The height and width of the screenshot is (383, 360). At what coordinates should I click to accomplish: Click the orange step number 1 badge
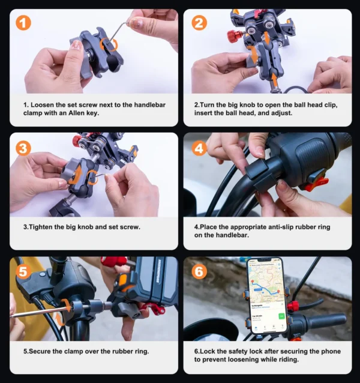pos(23,23)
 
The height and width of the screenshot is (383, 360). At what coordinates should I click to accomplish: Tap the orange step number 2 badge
pos(199,23)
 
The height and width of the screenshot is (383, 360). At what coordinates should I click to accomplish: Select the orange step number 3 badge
pos(23,147)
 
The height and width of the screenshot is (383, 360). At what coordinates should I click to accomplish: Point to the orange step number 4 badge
pos(199,147)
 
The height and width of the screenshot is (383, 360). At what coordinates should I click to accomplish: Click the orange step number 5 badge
pos(23,271)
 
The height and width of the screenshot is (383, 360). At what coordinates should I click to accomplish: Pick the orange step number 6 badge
pos(199,271)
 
